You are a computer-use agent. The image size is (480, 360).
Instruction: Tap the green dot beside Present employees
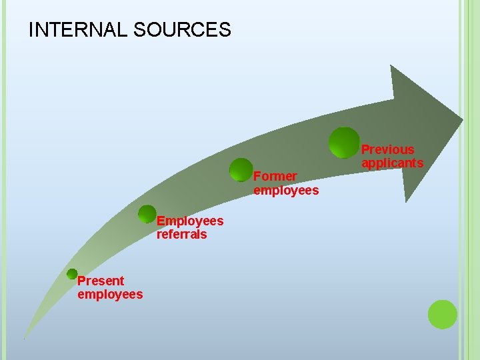[72, 273]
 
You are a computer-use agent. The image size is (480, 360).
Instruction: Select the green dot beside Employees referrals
[147, 214]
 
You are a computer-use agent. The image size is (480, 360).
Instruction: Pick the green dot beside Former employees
[241, 170]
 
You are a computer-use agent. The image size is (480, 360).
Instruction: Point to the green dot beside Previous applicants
[345, 143]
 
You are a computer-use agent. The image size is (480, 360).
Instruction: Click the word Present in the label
[101, 281]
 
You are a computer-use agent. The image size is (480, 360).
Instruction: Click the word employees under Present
[110, 294]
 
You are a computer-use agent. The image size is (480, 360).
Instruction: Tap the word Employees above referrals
[190, 221]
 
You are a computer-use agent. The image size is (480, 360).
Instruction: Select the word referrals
[181, 234]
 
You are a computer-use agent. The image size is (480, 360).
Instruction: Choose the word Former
[275, 177]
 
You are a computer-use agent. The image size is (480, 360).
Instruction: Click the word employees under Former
[286, 191]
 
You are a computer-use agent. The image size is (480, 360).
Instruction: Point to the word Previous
[387, 150]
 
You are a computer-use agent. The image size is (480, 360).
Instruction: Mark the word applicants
[392, 163]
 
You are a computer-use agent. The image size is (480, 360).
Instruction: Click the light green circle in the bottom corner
[442, 315]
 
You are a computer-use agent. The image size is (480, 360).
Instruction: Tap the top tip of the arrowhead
[391, 66]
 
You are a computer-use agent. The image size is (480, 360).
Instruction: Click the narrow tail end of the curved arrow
[25, 336]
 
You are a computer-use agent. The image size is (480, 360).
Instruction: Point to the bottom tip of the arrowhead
[406, 201]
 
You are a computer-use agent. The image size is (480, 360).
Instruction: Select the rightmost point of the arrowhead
[462, 122]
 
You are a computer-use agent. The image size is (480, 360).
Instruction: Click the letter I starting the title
[31, 30]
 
